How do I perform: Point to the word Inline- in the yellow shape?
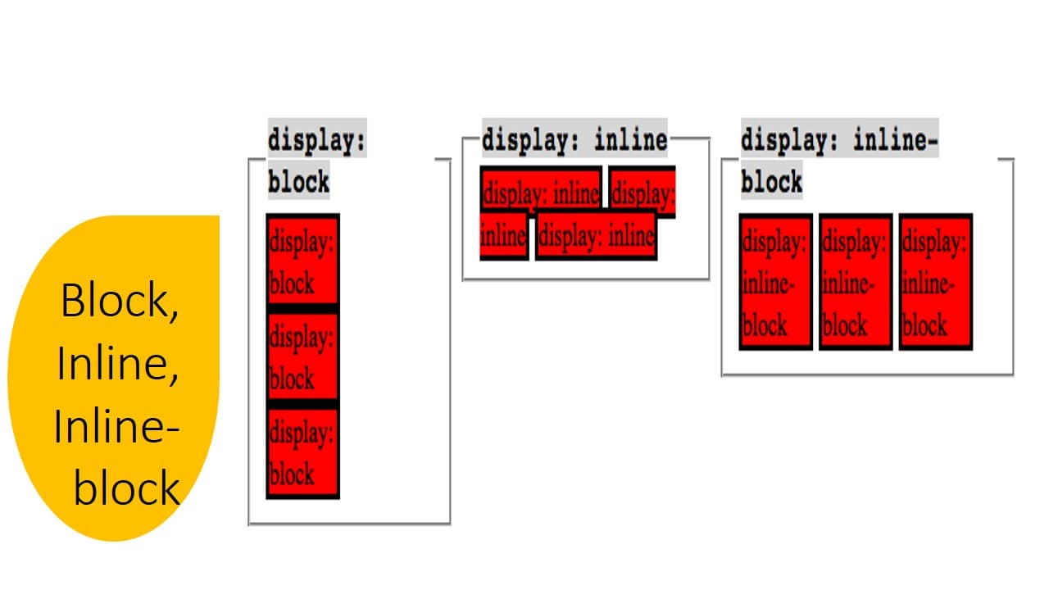116,426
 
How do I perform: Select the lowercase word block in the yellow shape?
127,488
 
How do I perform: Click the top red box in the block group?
302,260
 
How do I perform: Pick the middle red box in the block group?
302,356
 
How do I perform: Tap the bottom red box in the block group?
302,452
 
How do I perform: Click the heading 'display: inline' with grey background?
574,139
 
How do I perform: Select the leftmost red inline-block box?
775,282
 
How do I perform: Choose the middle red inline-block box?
855,282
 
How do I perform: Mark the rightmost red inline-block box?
935,282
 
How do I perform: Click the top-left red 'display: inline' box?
541,193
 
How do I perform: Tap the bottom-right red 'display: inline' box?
596,237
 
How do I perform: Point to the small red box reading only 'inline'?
503,237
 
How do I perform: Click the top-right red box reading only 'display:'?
643,193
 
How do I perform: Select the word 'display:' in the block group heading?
316,141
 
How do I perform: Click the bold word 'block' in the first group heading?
298,181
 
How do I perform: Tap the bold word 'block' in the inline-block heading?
771,181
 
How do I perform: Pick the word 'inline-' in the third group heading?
895,139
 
